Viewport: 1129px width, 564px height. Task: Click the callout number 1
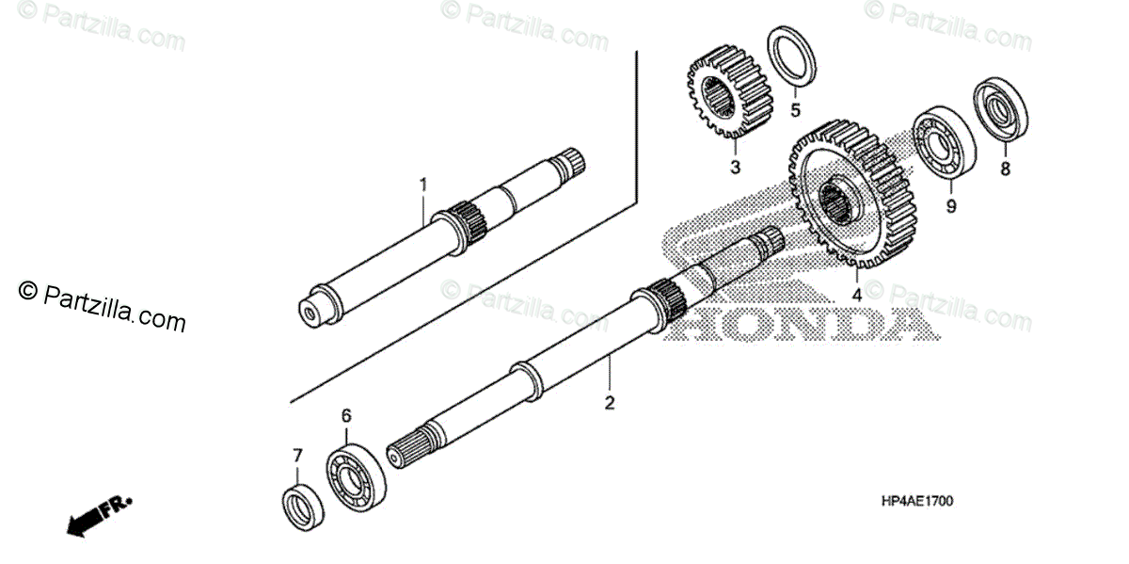coord(422,183)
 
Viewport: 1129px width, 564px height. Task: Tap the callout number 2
coord(610,403)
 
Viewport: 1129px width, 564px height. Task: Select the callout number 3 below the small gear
coord(735,167)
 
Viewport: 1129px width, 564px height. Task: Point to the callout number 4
coord(856,294)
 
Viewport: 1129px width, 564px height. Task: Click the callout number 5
coord(794,110)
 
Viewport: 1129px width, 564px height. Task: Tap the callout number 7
coord(297,456)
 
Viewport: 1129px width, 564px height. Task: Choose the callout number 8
coord(1005,169)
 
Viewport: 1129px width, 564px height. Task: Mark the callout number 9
coord(950,206)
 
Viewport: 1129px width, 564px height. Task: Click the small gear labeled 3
coord(730,92)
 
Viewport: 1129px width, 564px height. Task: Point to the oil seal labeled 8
coord(999,112)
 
